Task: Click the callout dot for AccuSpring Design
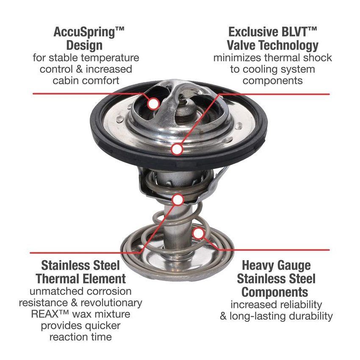pyautogui.click(x=152, y=102)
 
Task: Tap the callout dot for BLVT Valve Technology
pyautogui.click(x=177, y=149)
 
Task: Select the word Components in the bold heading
pyautogui.click(x=275, y=292)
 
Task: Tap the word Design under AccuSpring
pyautogui.click(x=84, y=44)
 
